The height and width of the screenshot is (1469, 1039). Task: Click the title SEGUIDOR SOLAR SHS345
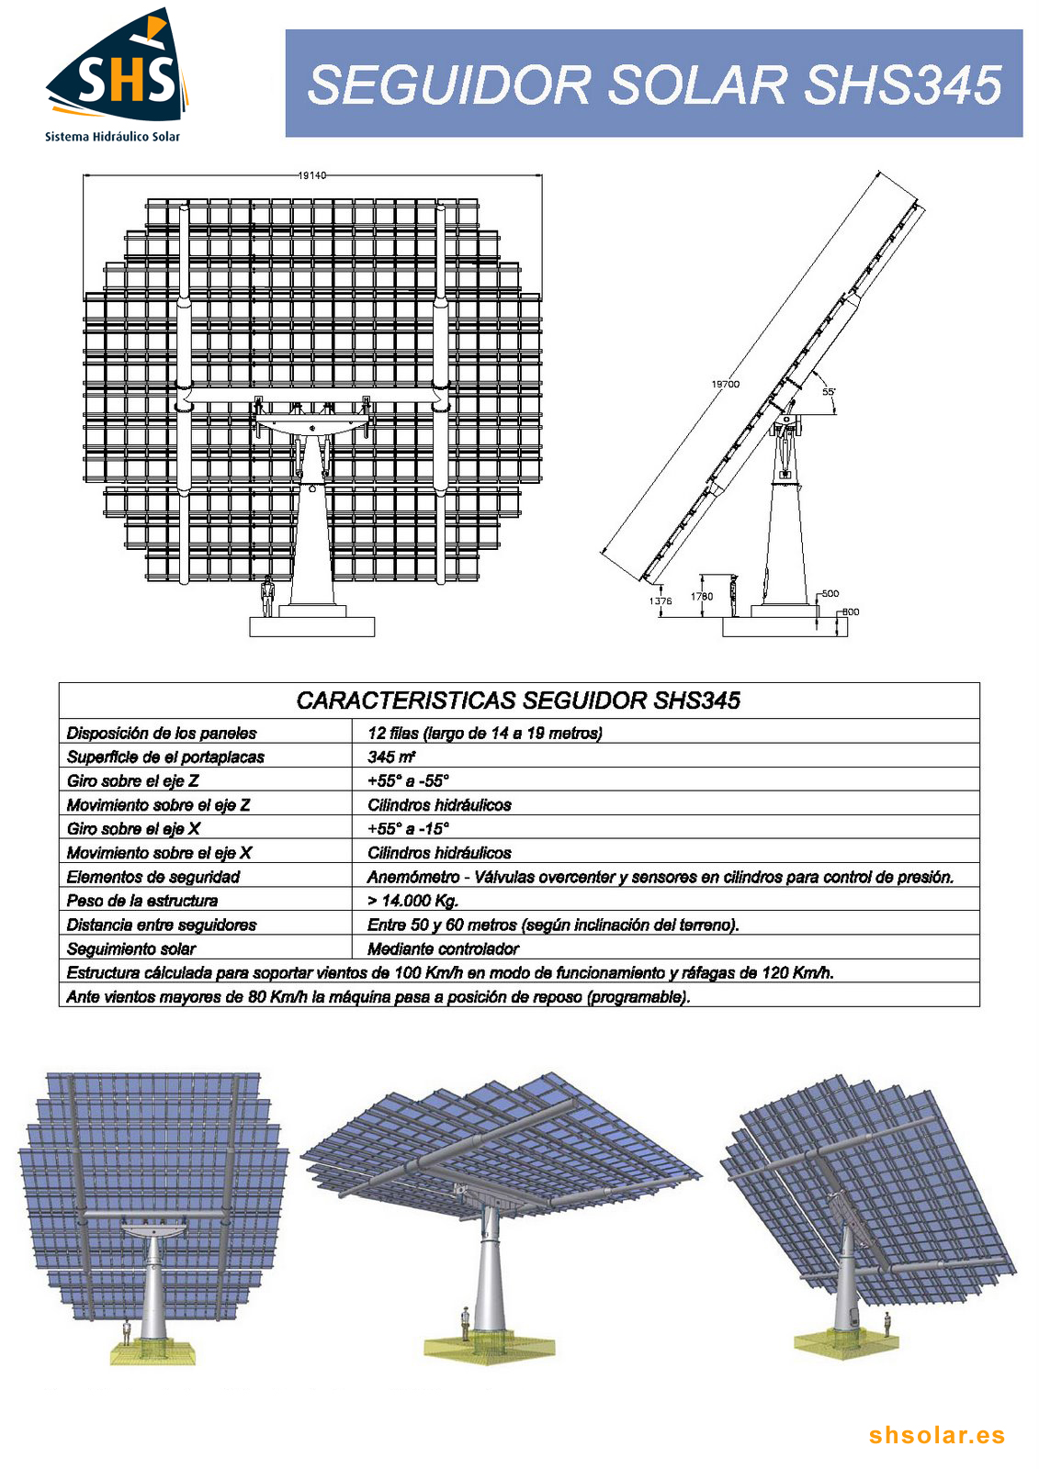click(653, 84)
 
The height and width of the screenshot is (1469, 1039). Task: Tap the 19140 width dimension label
click(311, 174)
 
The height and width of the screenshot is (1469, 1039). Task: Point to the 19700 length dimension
click(725, 384)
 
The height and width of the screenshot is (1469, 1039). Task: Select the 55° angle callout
click(829, 392)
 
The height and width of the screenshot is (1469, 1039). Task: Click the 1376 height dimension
click(660, 600)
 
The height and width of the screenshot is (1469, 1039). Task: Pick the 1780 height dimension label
click(701, 596)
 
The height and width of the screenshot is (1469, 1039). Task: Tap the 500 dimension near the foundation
click(830, 593)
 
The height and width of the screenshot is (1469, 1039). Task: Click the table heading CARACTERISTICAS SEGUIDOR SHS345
click(518, 701)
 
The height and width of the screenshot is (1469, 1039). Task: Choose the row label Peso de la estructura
click(142, 901)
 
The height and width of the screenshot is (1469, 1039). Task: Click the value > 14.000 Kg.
click(412, 901)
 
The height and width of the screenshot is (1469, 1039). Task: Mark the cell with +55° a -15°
click(408, 828)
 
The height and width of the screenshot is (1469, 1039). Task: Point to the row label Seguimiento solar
click(131, 948)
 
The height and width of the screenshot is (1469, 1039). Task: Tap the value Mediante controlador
click(443, 948)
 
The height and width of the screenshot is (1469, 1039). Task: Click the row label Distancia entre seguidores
click(162, 925)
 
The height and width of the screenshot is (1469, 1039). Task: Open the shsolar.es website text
click(937, 1435)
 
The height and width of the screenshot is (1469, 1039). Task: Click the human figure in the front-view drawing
click(267, 597)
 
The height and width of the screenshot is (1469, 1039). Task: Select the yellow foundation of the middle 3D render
click(490, 1348)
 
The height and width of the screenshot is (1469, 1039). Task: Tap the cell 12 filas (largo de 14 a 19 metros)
click(484, 733)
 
